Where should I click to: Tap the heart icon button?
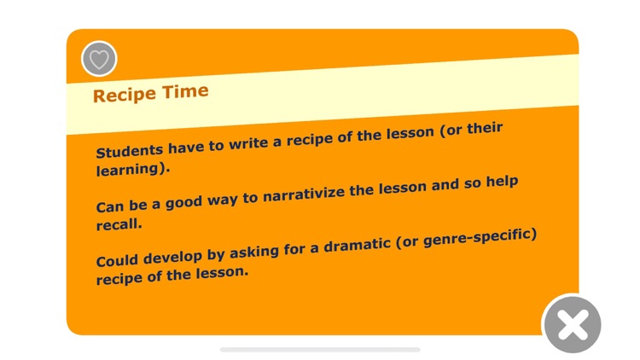click(99, 59)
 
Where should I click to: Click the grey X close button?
click(573, 325)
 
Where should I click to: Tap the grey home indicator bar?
click(320, 349)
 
